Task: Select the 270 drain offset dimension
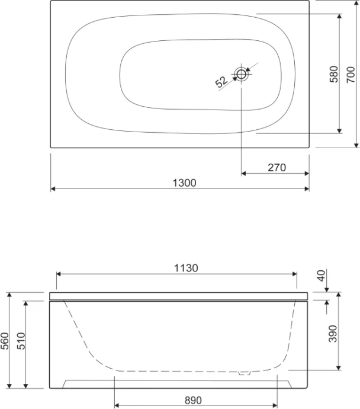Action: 277,168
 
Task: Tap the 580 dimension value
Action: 333,74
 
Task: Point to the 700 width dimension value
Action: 351,74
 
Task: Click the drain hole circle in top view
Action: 242,74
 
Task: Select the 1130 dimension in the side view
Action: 186,267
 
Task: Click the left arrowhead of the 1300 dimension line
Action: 53,189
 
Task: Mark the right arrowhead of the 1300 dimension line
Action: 306,189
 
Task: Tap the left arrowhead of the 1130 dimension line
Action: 59,274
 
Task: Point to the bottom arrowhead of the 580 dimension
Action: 339,130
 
